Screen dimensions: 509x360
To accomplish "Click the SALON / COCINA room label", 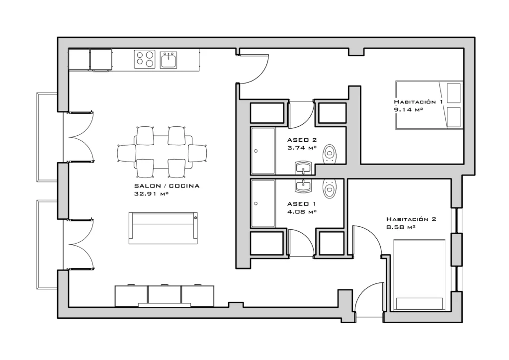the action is (x=167, y=186).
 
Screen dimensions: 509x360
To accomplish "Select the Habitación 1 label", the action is (x=418, y=101).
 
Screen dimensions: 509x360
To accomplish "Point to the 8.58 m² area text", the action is (x=401, y=227).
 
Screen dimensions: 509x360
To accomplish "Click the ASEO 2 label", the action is (x=302, y=140).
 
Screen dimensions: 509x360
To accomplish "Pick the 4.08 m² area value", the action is (x=302, y=212).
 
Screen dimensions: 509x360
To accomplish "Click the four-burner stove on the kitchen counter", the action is (x=145, y=59).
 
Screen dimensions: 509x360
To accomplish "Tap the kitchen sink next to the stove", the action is (x=169, y=60).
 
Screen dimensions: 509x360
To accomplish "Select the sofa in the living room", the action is (x=163, y=228).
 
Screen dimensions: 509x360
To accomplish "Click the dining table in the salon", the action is (x=163, y=152).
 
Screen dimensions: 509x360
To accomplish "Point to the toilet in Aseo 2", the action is (x=330, y=154).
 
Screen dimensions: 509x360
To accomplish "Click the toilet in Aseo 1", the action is (x=330, y=188).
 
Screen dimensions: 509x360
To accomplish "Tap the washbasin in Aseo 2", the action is (x=303, y=168).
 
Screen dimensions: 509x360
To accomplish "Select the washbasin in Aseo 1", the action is (x=303, y=185).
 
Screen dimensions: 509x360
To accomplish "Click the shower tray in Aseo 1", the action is (x=263, y=203).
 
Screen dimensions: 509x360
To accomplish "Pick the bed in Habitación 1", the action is (x=429, y=105).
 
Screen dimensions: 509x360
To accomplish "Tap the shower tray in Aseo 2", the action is (x=263, y=151).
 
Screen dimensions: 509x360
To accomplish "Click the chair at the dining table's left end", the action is (x=127, y=153).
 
